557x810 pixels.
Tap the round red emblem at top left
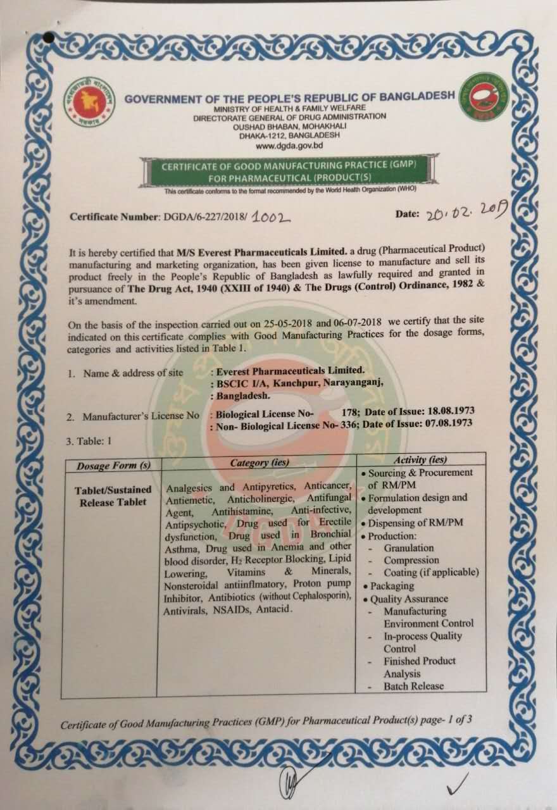[90, 100]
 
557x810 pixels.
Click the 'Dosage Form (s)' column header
[114, 466]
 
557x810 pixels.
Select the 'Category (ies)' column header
[260, 463]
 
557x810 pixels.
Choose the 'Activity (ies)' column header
[419, 459]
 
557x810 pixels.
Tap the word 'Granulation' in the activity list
[409, 548]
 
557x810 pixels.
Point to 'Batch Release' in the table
[414, 686]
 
